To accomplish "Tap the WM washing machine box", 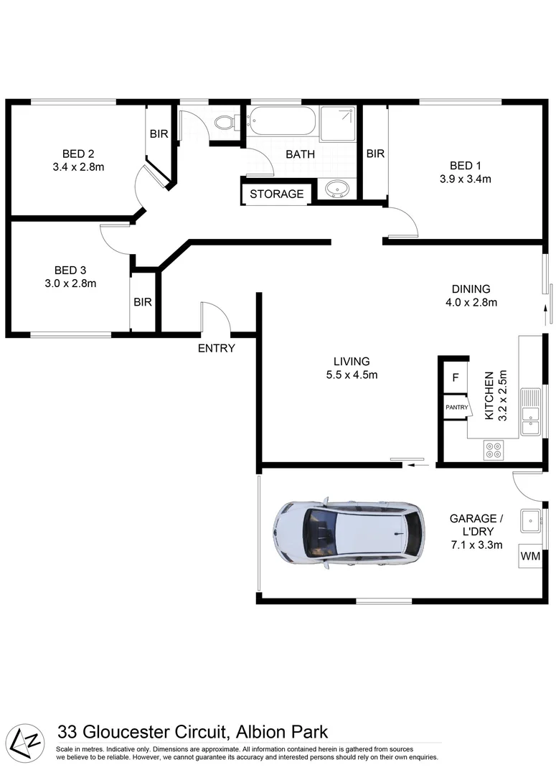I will click(529, 556).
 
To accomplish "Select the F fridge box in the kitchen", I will click(455, 377).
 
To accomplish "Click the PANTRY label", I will click(456, 408).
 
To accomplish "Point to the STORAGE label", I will click(277, 194).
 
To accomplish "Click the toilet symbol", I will click(225, 123).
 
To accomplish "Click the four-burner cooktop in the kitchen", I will click(494, 449).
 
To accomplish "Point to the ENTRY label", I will click(217, 348).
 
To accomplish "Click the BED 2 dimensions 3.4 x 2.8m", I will click(79, 167).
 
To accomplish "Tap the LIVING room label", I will click(352, 361).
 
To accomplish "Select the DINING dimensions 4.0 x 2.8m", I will click(471, 302).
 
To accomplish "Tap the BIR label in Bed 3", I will click(143, 302).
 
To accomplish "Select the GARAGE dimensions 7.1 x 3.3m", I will click(476, 545).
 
